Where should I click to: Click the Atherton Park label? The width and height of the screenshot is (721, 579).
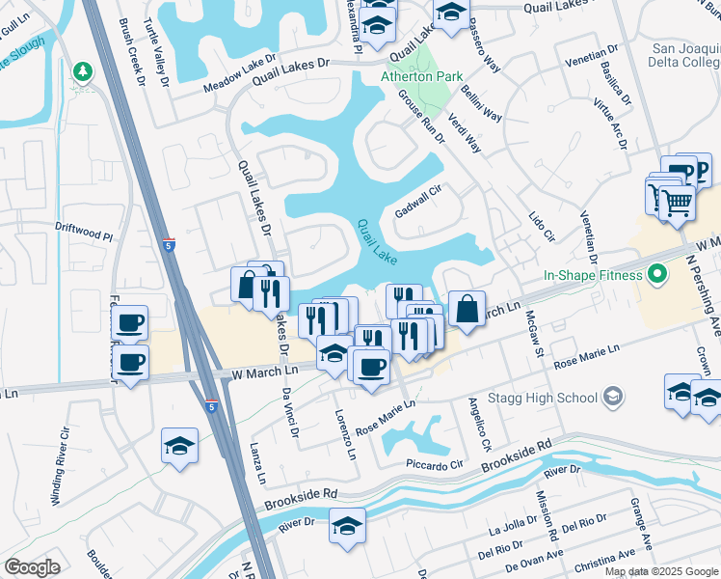tap(421, 76)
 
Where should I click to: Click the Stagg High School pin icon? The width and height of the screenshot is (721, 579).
tap(611, 397)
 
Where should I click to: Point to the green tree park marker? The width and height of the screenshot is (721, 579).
tap(83, 71)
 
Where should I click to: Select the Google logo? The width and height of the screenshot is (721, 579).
tap(32, 567)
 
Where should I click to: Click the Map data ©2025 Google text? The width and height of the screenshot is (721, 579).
tap(660, 571)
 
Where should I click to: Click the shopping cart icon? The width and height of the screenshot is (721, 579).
tap(678, 202)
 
